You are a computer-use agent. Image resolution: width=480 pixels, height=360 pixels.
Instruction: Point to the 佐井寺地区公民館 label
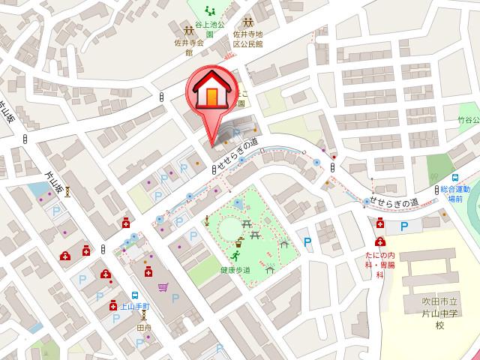coord(248,39)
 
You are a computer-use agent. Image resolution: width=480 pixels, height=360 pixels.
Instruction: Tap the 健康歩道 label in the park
coord(235,269)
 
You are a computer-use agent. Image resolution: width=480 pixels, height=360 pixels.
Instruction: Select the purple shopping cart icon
coord(163,286)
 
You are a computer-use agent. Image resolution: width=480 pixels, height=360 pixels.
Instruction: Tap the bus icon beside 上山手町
coord(134,295)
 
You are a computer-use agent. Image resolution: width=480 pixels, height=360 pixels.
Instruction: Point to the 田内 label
coord(144,328)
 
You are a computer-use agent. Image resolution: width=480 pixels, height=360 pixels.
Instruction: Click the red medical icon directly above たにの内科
coord(380,241)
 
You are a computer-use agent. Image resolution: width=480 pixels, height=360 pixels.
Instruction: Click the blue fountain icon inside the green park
coord(238,203)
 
